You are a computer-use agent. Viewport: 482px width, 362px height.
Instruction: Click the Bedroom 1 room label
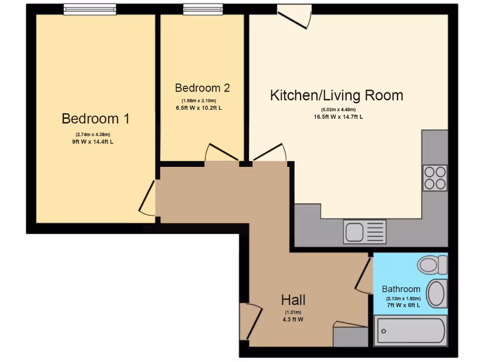pyautogui.click(x=96, y=119)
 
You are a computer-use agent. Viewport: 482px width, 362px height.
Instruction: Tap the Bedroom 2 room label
pyautogui.click(x=202, y=88)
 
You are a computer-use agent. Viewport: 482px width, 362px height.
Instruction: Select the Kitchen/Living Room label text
pyautogui.click(x=337, y=96)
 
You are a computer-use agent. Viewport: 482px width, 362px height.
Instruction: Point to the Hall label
pyautogui.click(x=293, y=300)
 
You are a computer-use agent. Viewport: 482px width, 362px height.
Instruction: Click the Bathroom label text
pyautogui.click(x=401, y=289)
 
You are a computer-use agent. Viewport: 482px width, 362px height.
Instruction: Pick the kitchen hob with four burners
pyautogui.click(x=434, y=178)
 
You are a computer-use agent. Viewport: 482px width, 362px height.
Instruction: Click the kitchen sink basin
pyautogui.click(x=354, y=232)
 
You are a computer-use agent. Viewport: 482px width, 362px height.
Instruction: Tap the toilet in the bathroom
pyautogui.click(x=432, y=264)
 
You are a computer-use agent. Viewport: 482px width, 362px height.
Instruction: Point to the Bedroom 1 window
pyautogui.click(x=90, y=9)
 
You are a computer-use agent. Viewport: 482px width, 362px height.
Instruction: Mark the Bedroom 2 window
pyautogui.click(x=203, y=9)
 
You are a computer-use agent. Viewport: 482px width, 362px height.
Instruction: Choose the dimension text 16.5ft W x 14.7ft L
pyautogui.click(x=336, y=117)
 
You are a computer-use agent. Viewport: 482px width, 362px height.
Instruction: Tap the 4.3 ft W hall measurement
pyautogui.click(x=293, y=319)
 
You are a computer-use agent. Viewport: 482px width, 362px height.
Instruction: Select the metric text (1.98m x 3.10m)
pyautogui.click(x=199, y=101)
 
